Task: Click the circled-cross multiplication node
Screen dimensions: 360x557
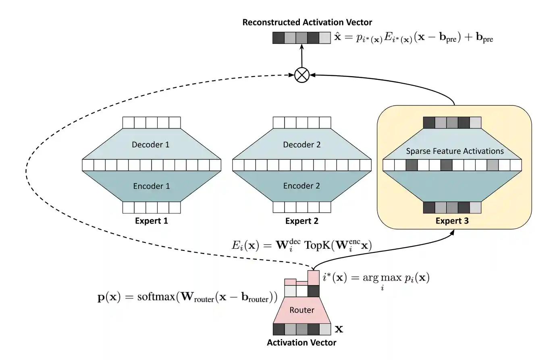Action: coord(302,75)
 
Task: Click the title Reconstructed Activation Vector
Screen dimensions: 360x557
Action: coord(307,23)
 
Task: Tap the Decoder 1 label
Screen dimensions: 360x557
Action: coord(151,145)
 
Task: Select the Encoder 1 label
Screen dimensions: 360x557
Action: coord(152,186)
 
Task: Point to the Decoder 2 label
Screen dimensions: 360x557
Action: coord(302,145)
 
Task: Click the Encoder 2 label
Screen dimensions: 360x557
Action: coord(301,186)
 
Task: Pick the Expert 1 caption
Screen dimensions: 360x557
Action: coord(151,221)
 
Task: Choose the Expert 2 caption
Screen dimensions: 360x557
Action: coord(302,221)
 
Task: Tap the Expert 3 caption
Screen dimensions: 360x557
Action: coord(452,221)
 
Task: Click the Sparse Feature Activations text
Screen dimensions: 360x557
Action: coord(455,151)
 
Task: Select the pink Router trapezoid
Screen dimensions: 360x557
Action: coord(302,310)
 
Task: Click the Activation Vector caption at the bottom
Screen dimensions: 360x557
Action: coord(301,343)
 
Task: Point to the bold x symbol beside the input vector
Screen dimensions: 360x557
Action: coord(339,329)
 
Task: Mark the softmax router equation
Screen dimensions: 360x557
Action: coord(187,297)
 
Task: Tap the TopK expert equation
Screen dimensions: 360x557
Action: coord(301,245)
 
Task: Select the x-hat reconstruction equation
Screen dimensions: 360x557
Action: coord(413,38)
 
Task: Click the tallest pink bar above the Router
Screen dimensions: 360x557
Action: coord(314,278)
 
